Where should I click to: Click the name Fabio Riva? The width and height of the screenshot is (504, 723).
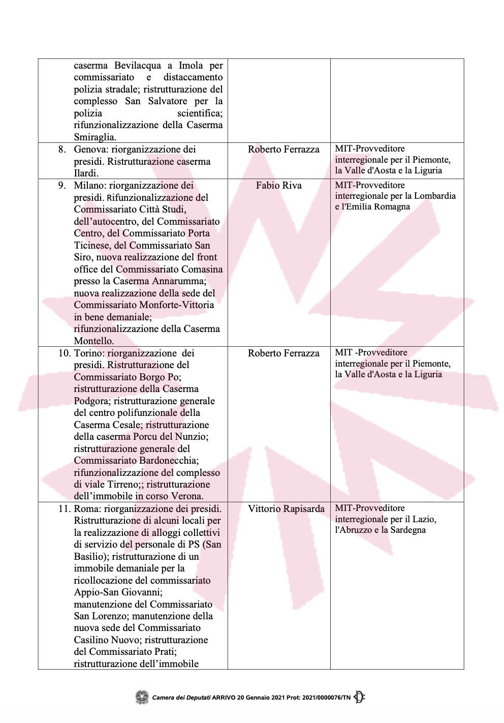tap(278, 186)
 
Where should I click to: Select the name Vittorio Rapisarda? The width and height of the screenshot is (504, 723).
tap(286, 509)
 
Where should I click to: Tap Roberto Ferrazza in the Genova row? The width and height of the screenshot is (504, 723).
tap(283, 149)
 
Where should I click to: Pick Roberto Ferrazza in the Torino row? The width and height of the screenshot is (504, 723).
tap(283, 353)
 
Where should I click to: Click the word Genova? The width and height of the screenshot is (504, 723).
tap(89, 149)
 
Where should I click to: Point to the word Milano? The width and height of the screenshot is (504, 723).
tap(89, 186)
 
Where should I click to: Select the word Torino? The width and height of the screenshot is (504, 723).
tap(89, 353)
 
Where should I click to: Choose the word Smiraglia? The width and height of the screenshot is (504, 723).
tap(95, 137)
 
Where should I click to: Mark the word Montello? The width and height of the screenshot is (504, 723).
tap(94, 341)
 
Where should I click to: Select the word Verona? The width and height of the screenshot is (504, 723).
tap(186, 496)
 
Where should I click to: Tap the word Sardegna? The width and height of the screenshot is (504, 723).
tap(408, 530)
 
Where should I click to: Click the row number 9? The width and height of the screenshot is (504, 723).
tap(62, 186)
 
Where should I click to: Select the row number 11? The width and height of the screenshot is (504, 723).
tap(64, 509)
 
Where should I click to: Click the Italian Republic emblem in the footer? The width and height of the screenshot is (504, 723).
tap(142, 697)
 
